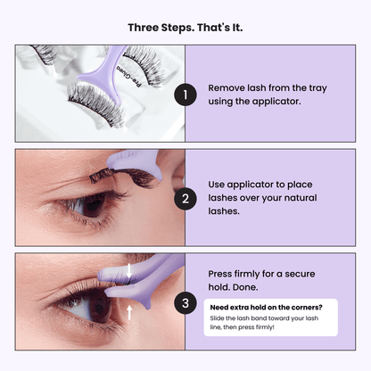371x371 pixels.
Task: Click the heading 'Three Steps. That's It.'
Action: pos(185,27)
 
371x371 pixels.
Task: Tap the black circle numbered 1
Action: pos(185,95)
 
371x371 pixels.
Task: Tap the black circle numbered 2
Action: pos(185,198)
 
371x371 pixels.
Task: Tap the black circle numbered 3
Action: pos(185,302)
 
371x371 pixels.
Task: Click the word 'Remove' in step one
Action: pos(227,89)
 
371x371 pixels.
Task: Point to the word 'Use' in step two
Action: pos(218,184)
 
